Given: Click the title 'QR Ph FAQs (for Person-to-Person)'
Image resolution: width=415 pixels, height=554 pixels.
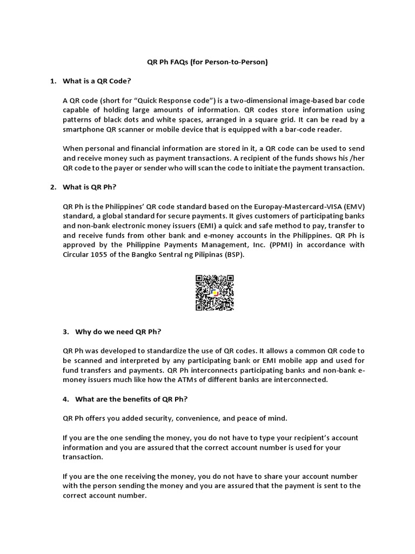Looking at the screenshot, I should coord(207,62).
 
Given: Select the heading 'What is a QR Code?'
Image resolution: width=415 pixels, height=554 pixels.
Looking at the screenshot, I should coord(97,81).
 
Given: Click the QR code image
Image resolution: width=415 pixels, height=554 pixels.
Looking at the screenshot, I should coord(215,293).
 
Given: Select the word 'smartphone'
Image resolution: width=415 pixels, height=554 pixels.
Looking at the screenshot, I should coord(86,130).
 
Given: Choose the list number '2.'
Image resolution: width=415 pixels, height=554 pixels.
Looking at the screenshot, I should coord(53,187).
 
